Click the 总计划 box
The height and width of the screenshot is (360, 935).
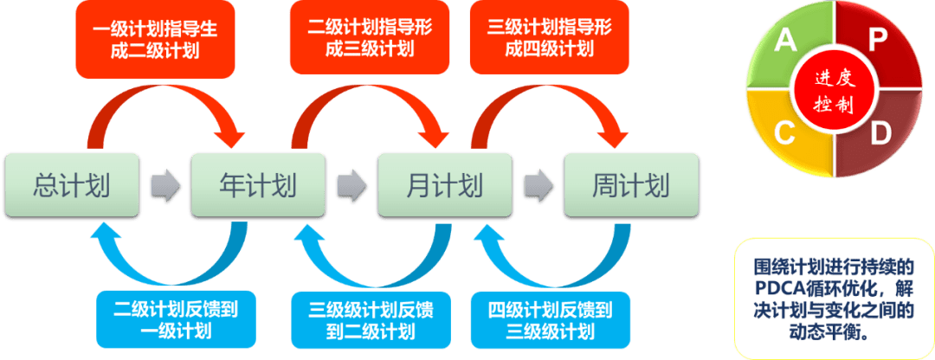(72, 185)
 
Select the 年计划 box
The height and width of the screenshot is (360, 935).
(257, 185)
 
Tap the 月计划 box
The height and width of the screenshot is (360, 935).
(444, 185)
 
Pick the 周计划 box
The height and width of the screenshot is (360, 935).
(630, 185)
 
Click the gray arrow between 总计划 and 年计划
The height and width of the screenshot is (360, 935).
(164, 185)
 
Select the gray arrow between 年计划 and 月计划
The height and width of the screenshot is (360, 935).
(351, 185)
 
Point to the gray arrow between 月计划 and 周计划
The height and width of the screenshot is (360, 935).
(538, 185)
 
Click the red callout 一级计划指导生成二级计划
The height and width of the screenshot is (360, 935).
(155, 40)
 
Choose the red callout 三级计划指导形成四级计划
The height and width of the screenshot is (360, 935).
(549, 40)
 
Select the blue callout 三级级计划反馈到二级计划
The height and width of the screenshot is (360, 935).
(371, 318)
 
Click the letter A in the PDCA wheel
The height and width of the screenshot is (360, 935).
(785, 41)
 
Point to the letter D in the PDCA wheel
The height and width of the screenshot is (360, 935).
(880, 133)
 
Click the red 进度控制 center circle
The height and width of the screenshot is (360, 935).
(833, 90)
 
